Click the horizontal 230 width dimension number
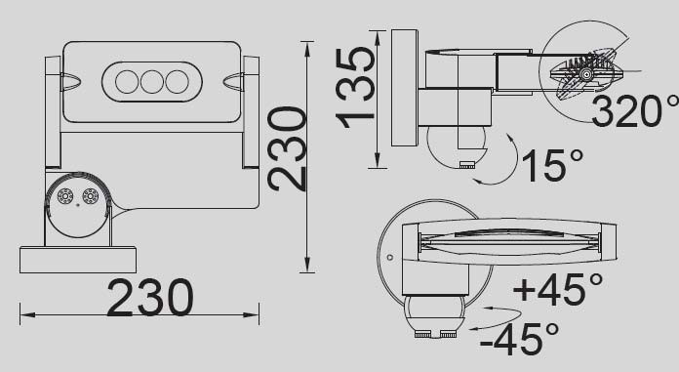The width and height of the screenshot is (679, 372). click(149, 298)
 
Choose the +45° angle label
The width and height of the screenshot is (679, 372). click(556, 290)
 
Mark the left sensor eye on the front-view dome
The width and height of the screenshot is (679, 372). click(65, 196)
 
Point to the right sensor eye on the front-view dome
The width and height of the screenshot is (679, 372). click(91, 196)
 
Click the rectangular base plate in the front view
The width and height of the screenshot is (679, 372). click(77, 260)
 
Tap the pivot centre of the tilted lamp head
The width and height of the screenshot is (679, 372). click(585, 72)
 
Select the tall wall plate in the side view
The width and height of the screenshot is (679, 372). click(404, 88)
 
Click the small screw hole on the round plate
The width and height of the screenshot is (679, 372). click(389, 259)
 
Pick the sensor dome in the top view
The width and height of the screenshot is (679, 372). click(435, 312)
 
